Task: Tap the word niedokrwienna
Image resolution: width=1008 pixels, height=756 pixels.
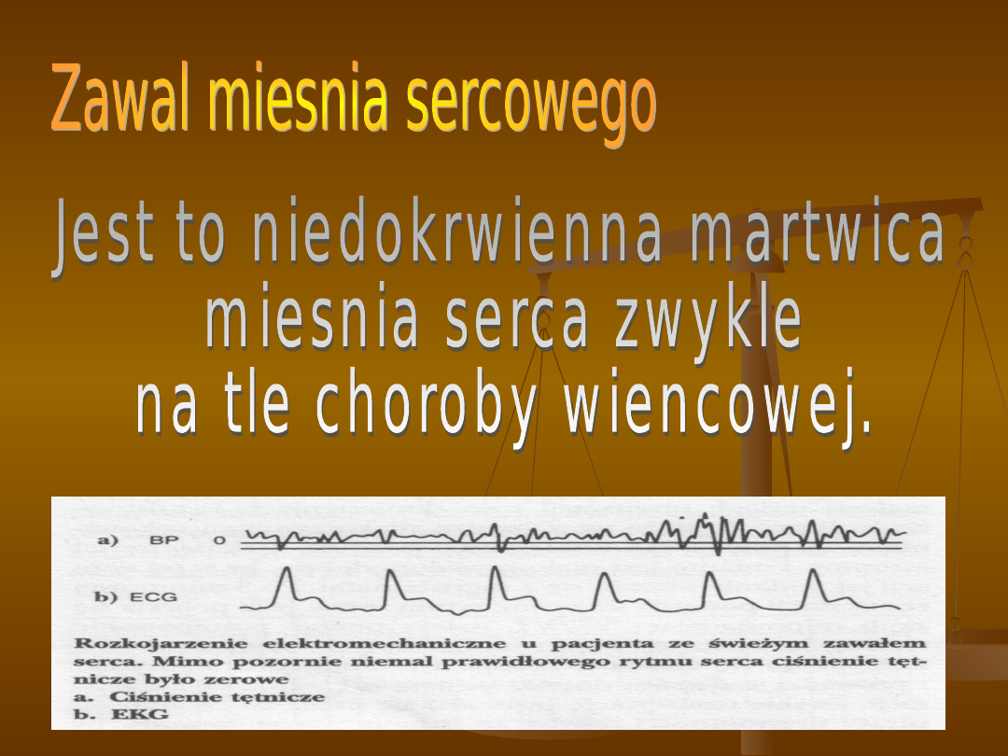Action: (x=456, y=231)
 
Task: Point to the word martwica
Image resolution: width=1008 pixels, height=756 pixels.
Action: (x=817, y=231)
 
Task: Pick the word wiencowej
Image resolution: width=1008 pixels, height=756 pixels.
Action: (x=718, y=406)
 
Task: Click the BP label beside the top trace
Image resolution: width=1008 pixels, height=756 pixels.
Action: (x=163, y=540)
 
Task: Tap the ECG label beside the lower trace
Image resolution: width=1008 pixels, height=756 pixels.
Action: (x=153, y=597)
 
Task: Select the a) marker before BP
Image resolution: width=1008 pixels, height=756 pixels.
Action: (x=108, y=540)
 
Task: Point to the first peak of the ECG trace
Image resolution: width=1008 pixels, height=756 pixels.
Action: (x=287, y=568)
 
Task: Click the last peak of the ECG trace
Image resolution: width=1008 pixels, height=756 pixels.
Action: (x=813, y=571)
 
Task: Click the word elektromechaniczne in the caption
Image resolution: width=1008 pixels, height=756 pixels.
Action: (x=384, y=643)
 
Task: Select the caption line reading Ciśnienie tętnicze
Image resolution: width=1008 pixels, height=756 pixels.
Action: (x=217, y=697)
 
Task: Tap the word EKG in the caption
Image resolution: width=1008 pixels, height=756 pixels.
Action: (x=139, y=714)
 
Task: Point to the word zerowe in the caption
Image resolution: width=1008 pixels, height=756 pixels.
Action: (x=246, y=679)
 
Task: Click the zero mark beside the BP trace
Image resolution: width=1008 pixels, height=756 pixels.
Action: (x=220, y=540)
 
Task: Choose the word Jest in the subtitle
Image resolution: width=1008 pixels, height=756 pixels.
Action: (x=105, y=235)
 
